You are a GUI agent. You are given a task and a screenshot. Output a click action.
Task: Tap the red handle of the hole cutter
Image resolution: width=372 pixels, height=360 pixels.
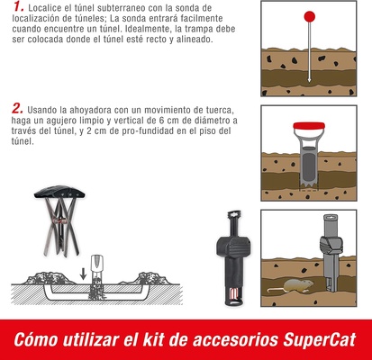coord(308,122)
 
